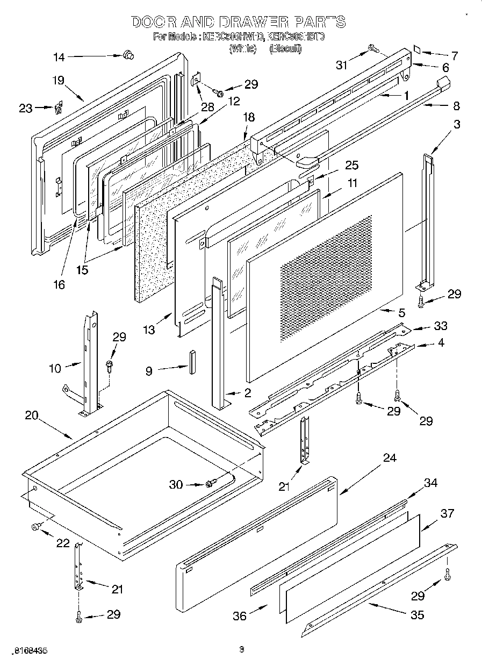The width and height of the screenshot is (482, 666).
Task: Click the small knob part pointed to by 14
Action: (128, 54)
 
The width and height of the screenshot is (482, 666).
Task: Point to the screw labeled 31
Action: (372, 49)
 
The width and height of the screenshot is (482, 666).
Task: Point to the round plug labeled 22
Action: (37, 526)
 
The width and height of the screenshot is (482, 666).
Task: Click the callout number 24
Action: (390, 458)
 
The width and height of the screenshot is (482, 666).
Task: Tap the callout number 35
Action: (418, 614)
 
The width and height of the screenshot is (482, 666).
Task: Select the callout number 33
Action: (441, 326)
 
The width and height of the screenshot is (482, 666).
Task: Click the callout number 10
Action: (55, 368)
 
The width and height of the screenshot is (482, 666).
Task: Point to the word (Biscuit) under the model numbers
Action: (286, 48)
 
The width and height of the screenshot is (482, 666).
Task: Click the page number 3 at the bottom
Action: (241, 649)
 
